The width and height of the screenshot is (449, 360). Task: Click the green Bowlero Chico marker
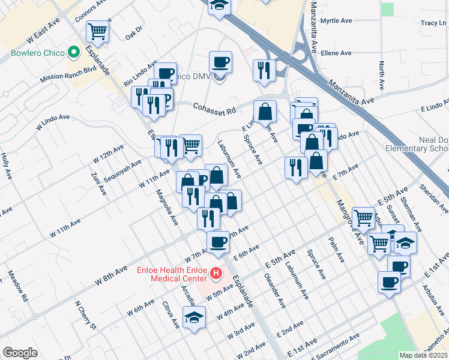(75, 53)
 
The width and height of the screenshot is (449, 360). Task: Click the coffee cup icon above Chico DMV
(220, 61)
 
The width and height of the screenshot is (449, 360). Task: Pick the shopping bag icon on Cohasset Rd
(265, 110)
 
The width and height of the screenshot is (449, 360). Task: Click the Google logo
(20, 352)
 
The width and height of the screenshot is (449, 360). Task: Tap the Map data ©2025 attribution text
(423, 355)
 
